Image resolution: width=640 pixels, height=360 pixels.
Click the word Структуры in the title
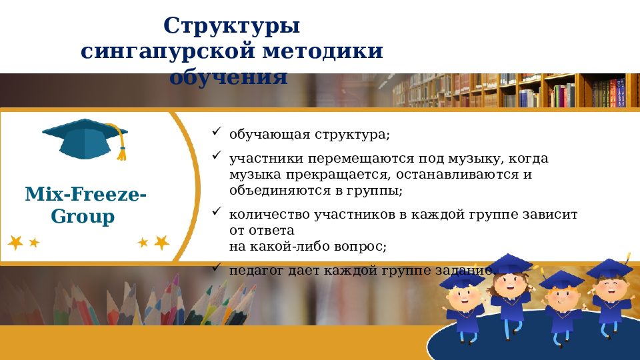point(231,27)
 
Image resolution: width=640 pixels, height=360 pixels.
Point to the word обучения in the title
point(228,77)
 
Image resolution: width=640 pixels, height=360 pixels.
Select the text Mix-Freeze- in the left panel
point(86,195)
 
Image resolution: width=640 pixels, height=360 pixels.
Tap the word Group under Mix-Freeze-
point(83,217)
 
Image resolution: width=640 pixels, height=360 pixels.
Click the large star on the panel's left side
point(15,242)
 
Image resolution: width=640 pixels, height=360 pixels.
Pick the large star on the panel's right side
point(161,242)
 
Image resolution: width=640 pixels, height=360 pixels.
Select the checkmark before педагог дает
point(217,267)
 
